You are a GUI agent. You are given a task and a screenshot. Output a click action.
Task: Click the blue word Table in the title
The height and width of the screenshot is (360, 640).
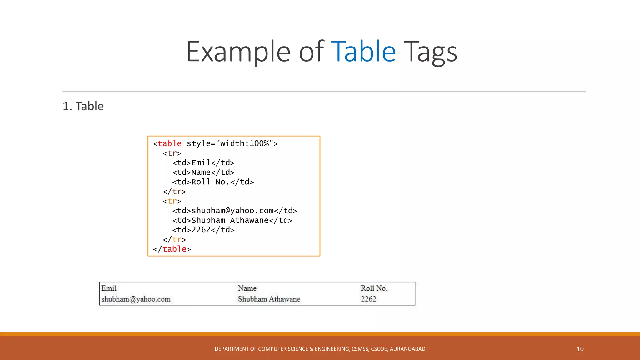coord(363,52)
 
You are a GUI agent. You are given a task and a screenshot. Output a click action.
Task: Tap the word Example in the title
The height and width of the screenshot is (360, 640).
coord(238,52)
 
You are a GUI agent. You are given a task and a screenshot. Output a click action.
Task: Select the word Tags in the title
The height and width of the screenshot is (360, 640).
coord(430,52)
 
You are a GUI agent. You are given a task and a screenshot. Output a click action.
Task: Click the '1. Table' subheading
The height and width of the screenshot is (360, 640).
coord(83,106)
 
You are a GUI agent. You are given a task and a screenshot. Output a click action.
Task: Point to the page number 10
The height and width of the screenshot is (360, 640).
coord(580,349)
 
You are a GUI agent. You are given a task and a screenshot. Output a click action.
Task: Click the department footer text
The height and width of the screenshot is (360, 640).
coord(320,349)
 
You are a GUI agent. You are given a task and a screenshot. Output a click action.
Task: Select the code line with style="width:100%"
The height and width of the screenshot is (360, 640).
coord(215,143)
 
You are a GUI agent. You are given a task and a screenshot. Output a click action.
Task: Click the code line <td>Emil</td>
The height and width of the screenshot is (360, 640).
coord(203,163)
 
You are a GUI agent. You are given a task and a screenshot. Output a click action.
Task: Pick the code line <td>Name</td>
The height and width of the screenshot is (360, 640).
coord(203,172)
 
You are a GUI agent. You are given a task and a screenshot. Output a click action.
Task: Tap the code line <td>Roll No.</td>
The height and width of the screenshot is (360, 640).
coord(213,182)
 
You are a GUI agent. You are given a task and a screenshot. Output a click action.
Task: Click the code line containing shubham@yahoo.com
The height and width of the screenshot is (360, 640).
coord(234,211)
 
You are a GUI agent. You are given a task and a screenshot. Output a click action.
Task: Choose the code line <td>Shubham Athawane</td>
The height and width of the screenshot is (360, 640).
coord(232,221)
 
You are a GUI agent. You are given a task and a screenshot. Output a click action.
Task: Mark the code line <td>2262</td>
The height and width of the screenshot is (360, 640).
coord(203,230)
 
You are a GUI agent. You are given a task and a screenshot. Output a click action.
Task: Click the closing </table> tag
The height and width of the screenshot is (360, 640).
coord(172,249)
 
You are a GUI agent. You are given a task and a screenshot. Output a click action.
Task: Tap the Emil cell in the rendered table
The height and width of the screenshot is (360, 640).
coord(109,288)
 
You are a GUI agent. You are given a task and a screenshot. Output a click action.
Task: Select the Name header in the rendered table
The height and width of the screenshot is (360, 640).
coord(247,288)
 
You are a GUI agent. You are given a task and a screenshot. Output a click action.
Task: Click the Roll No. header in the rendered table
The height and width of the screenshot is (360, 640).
coord(374,288)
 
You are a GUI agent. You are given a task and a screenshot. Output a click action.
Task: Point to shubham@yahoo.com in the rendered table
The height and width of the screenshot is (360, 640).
coord(136,299)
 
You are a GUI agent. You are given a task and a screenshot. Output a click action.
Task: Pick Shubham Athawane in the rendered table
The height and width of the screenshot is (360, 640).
coord(269,299)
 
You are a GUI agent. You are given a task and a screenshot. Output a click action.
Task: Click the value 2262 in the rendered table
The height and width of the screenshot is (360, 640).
coord(368,299)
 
